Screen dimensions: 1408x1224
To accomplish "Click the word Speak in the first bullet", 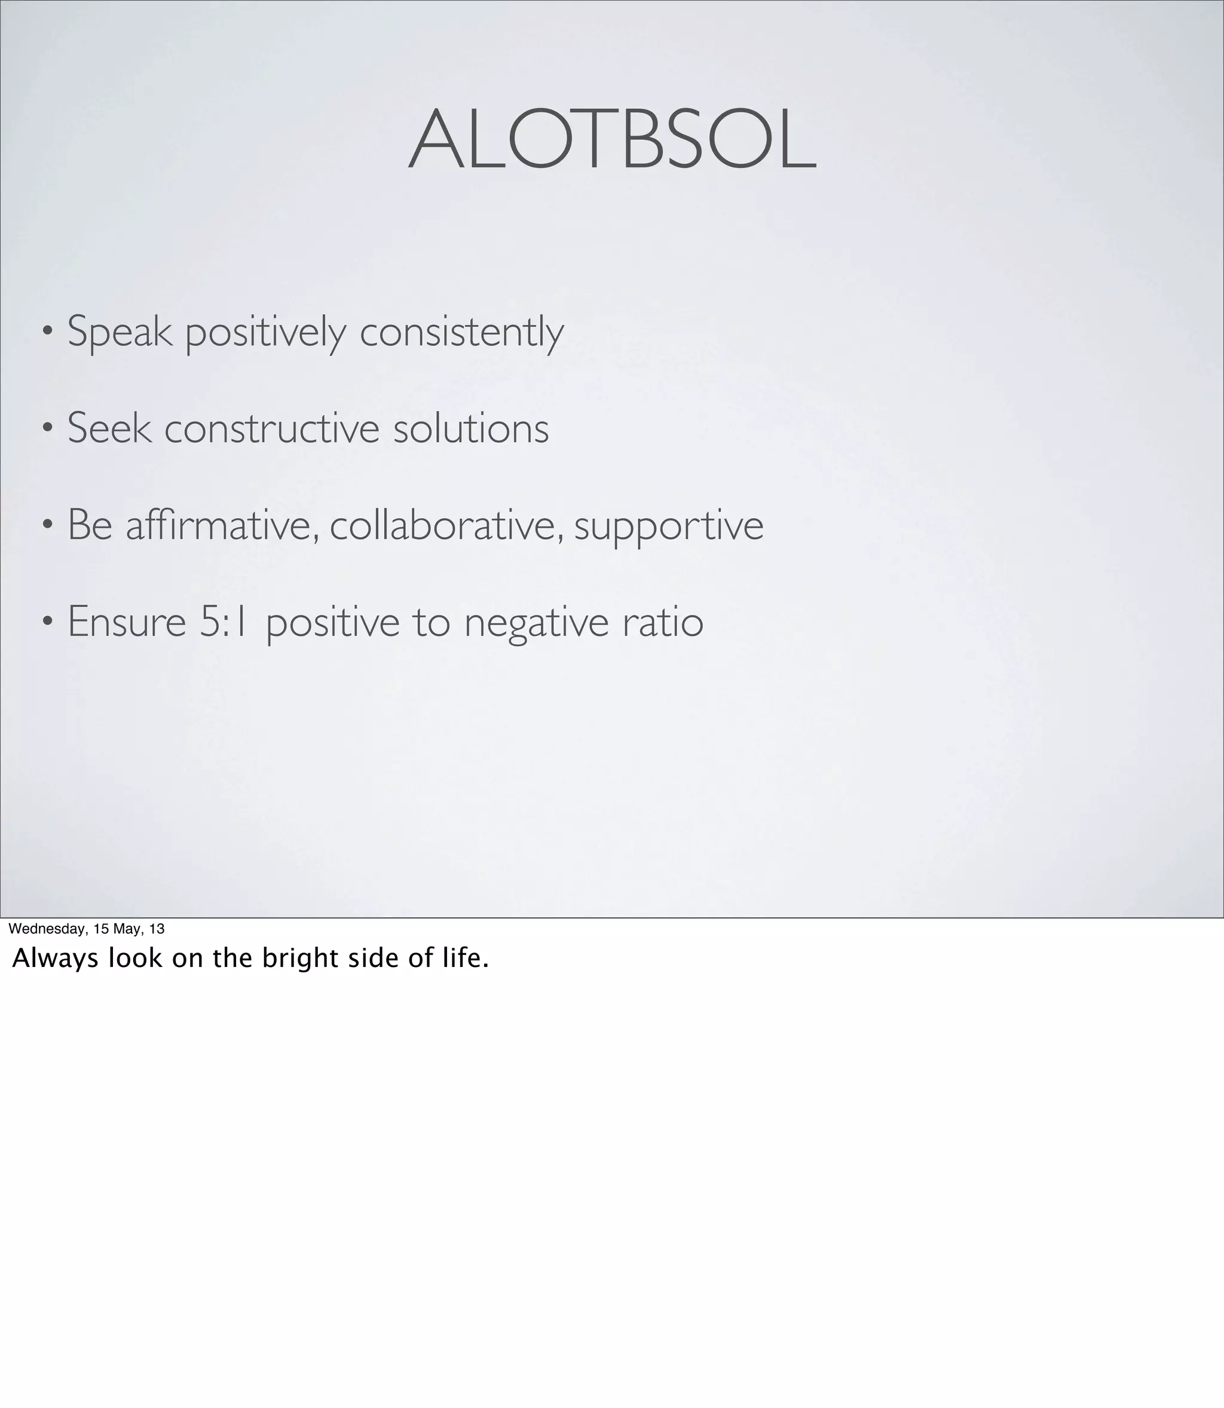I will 120,332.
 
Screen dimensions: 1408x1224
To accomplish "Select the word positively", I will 265,332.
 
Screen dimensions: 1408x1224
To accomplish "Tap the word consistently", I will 462,332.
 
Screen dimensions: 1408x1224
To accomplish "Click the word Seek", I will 109,429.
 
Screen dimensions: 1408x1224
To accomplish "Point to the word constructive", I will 272,429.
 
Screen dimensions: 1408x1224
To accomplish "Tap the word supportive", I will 669,527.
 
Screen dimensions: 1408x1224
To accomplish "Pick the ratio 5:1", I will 224,622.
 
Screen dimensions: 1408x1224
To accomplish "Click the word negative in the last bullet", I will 536,623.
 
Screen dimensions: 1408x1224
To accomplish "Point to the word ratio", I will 663,622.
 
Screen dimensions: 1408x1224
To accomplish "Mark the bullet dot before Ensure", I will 47,622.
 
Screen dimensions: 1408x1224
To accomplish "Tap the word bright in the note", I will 301,959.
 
